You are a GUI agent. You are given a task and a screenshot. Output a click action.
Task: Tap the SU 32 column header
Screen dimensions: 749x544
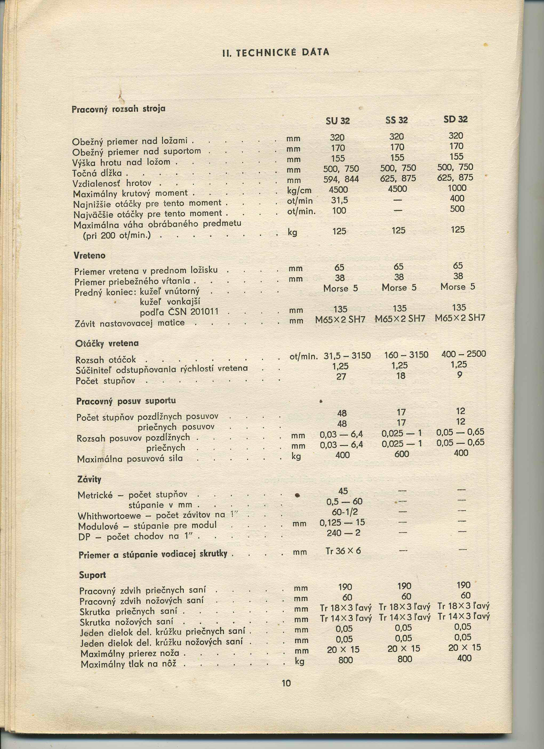[x=337, y=121]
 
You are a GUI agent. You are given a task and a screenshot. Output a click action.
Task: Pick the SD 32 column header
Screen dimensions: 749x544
[x=455, y=119]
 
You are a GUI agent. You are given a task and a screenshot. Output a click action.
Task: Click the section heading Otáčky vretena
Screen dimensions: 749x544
[x=107, y=344]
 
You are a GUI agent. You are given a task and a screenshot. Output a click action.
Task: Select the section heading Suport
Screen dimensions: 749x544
[x=93, y=575]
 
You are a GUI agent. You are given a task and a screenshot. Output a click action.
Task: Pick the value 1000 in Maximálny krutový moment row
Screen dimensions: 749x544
[x=457, y=188]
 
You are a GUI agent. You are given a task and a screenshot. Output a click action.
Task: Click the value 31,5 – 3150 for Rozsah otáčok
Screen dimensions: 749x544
[x=347, y=356]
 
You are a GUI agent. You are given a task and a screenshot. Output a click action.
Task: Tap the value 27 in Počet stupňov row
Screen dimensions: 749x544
[x=341, y=376]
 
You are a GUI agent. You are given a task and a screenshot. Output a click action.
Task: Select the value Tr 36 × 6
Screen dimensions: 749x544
[x=343, y=551]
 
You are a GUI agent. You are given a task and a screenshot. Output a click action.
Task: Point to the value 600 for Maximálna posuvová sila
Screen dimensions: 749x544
[x=402, y=454]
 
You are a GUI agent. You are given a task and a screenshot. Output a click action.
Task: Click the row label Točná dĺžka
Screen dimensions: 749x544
[x=97, y=173]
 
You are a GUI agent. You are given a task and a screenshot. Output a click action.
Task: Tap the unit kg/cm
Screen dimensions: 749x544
[x=299, y=190]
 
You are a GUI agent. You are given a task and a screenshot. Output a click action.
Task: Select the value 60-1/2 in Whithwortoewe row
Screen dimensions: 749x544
[x=345, y=512]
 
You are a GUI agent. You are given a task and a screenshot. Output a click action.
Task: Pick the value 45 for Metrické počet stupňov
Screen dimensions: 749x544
[x=343, y=491]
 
